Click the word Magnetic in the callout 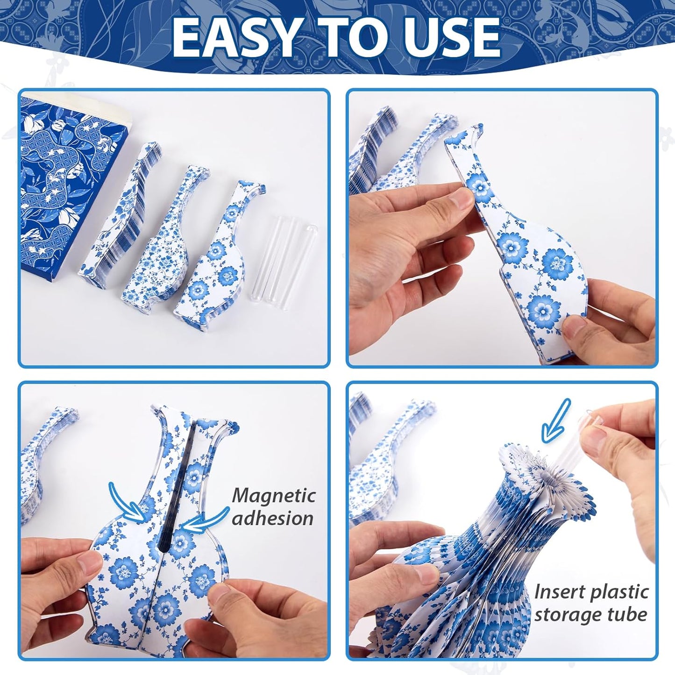(274, 496)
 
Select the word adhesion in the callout (273, 518)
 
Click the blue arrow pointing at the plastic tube (555, 421)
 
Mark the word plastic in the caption (619, 592)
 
